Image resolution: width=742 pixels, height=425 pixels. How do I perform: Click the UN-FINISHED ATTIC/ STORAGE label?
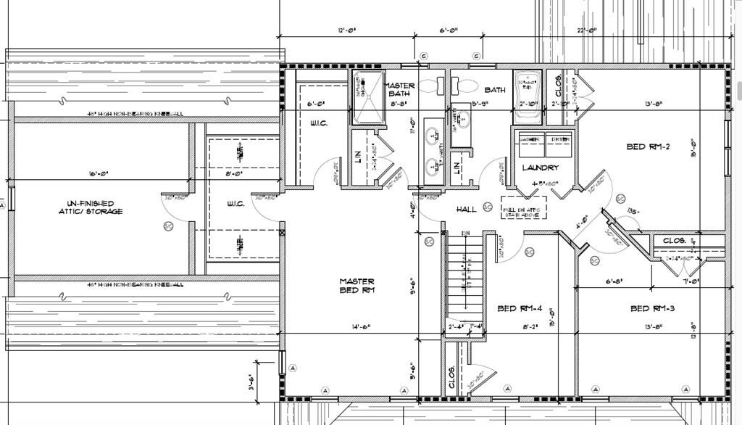91,207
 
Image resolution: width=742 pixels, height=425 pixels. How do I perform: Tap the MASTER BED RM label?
357,286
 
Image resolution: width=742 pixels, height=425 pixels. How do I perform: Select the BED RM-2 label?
648,147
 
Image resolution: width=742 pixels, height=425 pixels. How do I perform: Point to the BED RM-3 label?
652,308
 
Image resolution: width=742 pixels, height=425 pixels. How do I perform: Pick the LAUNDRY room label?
541,168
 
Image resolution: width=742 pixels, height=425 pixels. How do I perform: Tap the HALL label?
467,209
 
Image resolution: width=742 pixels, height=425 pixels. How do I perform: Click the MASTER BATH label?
401,90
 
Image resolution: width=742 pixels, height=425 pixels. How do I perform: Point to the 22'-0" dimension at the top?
586,30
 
